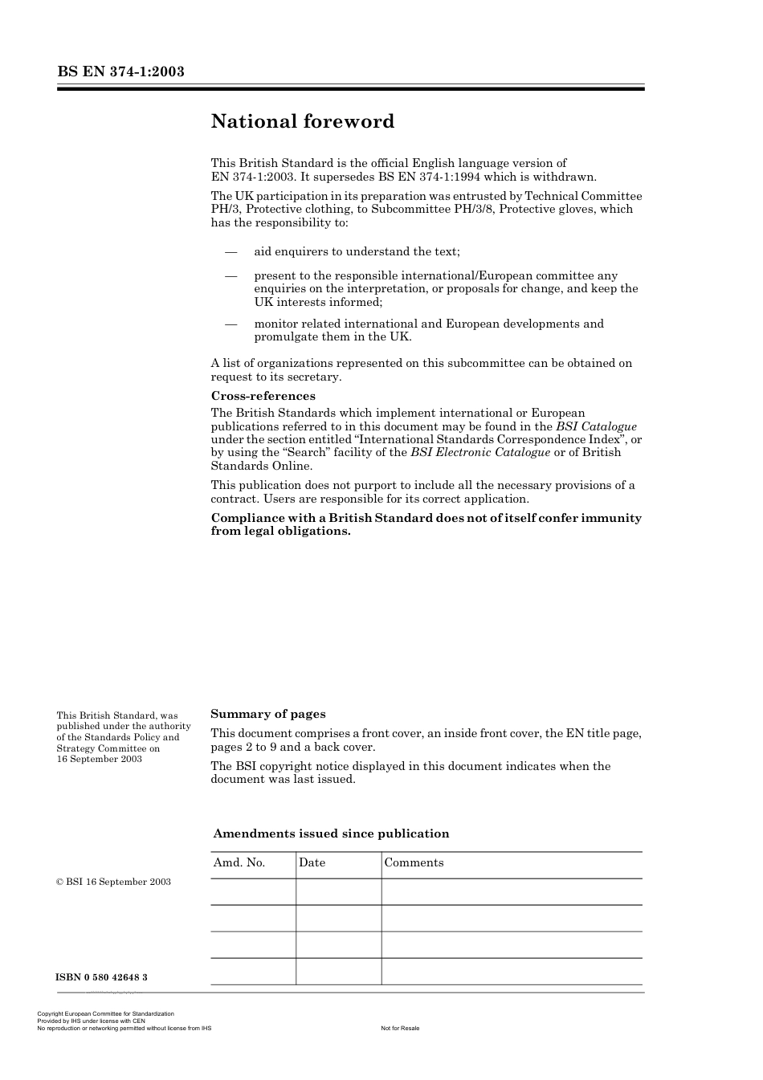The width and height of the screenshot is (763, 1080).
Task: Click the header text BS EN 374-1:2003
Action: pyautogui.click(x=120, y=71)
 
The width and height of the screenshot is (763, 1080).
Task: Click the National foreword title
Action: pyautogui.click(x=303, y=122)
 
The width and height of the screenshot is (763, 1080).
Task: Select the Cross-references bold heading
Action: pyautogui.click(x=263, y=396)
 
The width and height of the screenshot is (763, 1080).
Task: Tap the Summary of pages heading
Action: pyautogui.click(x=267, y=714)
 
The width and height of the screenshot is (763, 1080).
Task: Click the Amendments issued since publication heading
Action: pyautogui.click(x=331, y=833)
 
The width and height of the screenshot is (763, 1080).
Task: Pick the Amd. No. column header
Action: pyautogui.click(x=239, y=862)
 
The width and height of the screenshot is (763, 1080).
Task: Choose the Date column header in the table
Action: pyautogui.click(x=312, y=862)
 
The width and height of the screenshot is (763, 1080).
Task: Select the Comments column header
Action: pyautogui.click(x=414, y=862)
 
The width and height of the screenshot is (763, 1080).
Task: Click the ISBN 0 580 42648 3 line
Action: pyautogui.click(x=101, y=977)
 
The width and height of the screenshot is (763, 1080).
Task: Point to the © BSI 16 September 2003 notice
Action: pyautogui.click(x=113, y=882)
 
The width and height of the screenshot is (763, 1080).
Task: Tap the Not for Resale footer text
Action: pyautogui.click(x=400, y=1028)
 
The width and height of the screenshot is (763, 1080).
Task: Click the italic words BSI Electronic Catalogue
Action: pyautogui.click(x=480, y=452)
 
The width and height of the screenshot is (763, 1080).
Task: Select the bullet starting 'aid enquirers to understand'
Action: pyautogui.click(x=357, y=251)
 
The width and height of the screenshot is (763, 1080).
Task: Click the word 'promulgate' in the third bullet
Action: pyautogui.click(x=287, y=336)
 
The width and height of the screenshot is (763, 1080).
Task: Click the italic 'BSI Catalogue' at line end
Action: pyautogui.click(x=596, y=426)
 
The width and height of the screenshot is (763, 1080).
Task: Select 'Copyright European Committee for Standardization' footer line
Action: pyautogui.click(x=105, y=1014)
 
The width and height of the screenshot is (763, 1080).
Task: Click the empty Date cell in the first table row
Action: pyautogui.click(x=338, y=891)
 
